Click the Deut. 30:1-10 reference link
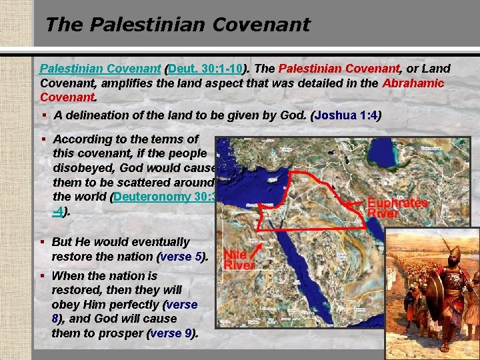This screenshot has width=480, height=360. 207,69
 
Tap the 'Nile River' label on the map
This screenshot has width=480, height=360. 239,259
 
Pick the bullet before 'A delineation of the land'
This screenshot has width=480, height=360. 44,115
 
